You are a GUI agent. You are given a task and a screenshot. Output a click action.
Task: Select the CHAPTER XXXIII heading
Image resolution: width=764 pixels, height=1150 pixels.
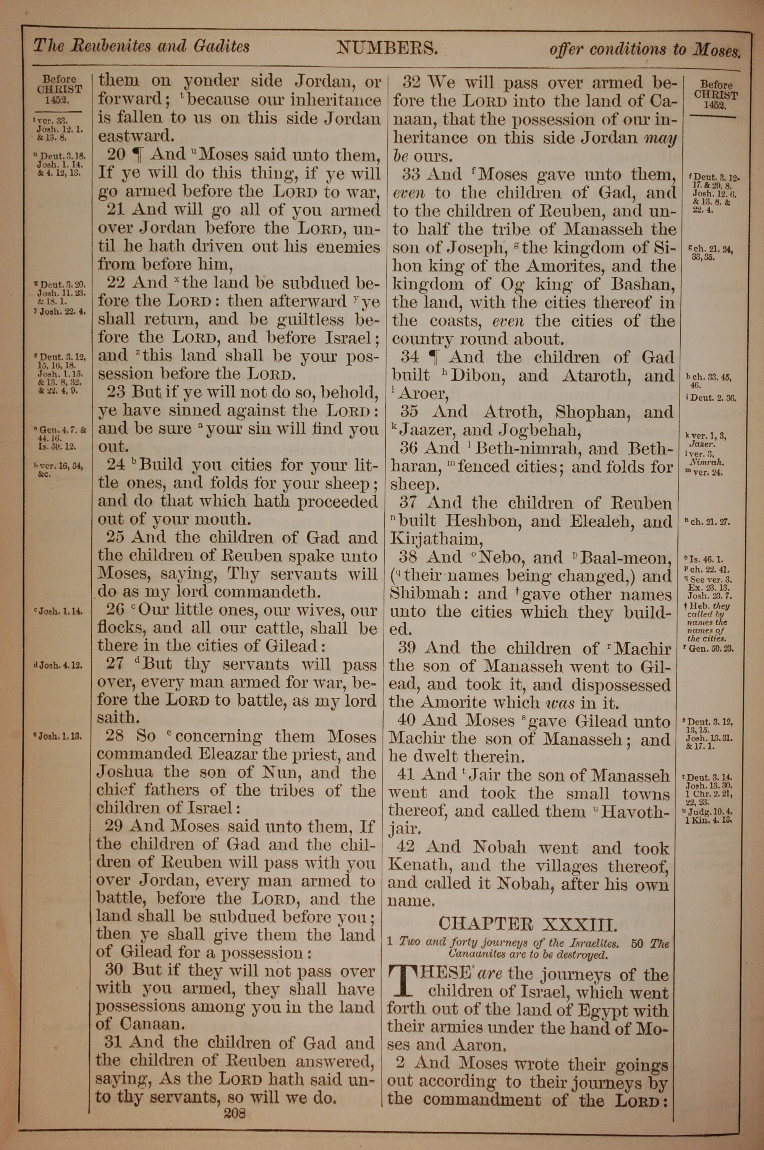click(x=528, y=923)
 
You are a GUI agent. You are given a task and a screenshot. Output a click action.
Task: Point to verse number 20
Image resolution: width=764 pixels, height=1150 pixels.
click(x=117, y=155)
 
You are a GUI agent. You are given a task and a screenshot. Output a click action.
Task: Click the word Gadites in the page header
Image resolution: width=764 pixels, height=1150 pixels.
click(x=221, y=47)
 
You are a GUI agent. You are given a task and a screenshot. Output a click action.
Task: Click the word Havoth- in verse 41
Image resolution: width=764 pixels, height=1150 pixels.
click(x=636, y=812)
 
